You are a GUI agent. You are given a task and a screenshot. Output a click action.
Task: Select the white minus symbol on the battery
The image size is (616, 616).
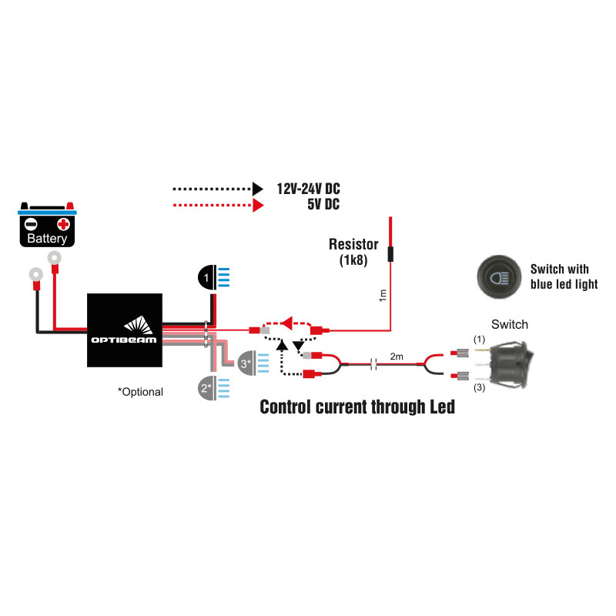click(32, 224)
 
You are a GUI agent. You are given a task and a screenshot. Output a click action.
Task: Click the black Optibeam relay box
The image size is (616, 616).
click(125, 330)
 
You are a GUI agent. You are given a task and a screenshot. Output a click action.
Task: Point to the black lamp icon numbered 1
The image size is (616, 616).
click(209, 276)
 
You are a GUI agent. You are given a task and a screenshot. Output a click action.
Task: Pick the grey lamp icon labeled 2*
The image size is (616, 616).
click(206, 387)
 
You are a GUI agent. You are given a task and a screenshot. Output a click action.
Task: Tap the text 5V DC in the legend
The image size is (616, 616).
click(321, 205)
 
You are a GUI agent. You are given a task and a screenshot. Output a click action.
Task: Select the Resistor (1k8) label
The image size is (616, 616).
click(353, 253)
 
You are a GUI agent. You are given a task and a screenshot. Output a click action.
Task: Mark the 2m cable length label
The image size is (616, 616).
click(397, 357)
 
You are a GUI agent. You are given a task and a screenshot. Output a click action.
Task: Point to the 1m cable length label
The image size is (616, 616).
click(383, 295)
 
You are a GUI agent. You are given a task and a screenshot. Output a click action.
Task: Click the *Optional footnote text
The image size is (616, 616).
click(140, 392)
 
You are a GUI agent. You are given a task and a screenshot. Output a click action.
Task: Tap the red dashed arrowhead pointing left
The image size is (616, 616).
click(289, 321)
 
